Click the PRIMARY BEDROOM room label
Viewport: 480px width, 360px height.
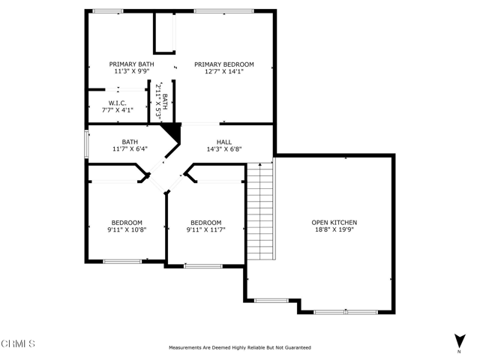224,64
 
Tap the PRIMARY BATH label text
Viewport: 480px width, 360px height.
132,64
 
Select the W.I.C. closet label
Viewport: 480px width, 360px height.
117,103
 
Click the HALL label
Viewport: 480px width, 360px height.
224,142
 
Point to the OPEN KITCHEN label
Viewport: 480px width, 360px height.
334,223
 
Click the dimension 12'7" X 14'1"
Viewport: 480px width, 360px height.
224,72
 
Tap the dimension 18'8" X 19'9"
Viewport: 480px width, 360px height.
334,229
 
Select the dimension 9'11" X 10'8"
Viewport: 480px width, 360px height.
127,230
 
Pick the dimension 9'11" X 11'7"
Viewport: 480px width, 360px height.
205,230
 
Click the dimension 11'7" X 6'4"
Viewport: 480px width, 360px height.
130,149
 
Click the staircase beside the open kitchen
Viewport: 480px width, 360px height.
260,211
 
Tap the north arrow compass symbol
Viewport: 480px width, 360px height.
460,341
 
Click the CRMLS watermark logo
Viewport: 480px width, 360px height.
18,343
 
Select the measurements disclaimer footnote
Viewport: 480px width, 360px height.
240,347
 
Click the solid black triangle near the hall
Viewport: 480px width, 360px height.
171,132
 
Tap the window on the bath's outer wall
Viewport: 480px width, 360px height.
87,144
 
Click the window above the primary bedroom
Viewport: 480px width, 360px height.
224,11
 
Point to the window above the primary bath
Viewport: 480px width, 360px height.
108,11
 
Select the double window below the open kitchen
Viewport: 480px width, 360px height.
346,312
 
